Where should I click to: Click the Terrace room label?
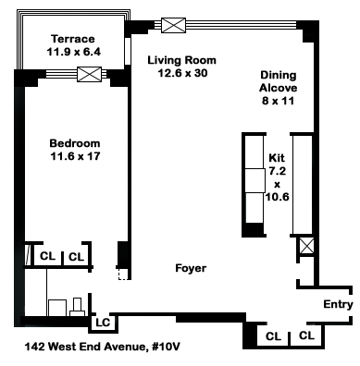(x=73, y=39)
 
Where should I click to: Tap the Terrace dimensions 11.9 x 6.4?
(x=73, y=52)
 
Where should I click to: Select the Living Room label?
(x=182, y=60)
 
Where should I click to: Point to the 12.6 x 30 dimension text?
(x=182, y=73)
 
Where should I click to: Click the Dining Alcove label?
(x=278, y=81)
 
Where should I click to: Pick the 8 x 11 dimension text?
(x=278, y=101)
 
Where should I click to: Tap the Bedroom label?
(x=75, y=143)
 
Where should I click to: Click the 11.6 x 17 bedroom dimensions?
(x=75, y=156)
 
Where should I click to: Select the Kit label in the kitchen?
(x=277, y=158)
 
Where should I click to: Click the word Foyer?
(x=191, y=268)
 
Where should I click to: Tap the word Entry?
(x=338, y=304)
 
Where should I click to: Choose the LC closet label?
(x=103, y=323)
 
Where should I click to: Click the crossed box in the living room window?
(x=174, y=25)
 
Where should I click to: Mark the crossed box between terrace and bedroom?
(x=89, y=74)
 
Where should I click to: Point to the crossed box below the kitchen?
(x=307, y=246)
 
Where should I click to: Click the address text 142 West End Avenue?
(x=85, y=347)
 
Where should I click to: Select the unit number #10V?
(x=164, y=347)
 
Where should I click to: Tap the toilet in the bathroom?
(x=77, y=308)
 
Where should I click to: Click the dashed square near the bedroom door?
(x=123, y=274)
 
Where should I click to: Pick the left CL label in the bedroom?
(x=48, y=256)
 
